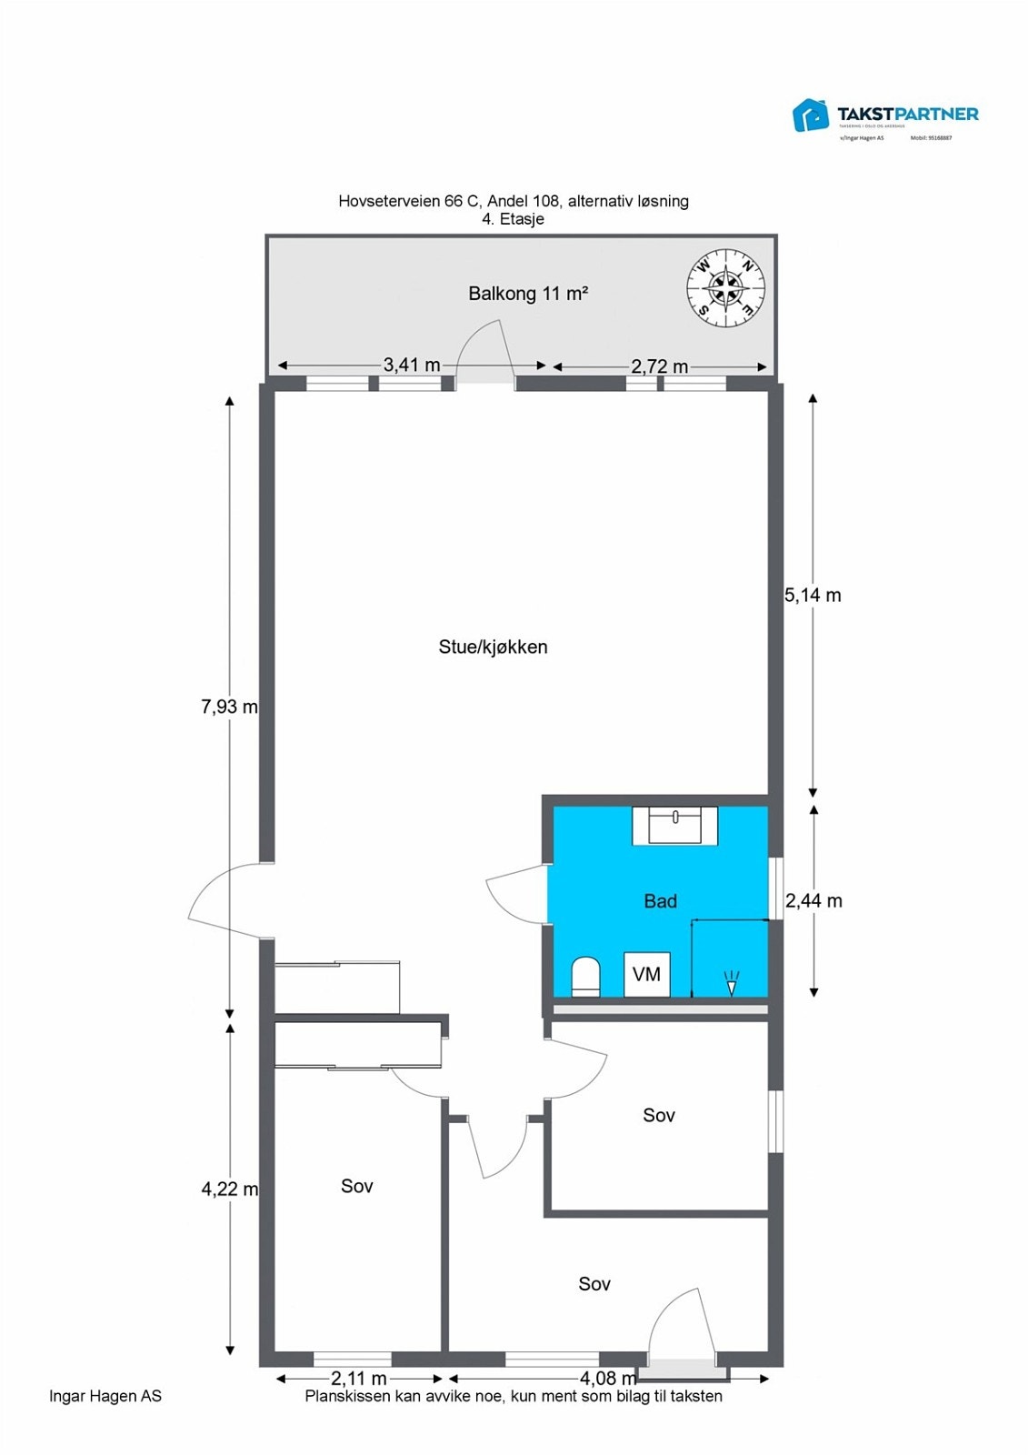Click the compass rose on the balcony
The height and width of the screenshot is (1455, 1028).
pos(725,288)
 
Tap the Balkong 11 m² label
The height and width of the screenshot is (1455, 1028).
pos(528,294)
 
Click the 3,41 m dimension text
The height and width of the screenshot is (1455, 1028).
pos(411,365)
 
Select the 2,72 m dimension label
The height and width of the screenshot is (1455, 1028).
pos(659,366)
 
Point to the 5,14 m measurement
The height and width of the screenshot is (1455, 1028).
pos(813,596)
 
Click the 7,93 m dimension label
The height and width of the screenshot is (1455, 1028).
pos(229,707)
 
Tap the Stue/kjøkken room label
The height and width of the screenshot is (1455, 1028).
pos(493,647)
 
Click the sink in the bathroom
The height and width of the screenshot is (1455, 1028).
pos(674,826)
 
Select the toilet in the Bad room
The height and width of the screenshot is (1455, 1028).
pos(586,977)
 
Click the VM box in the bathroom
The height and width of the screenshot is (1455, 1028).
pos(646,975)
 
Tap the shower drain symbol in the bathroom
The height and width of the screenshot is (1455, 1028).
pos(731,982)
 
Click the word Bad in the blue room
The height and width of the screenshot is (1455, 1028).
pos(660,901)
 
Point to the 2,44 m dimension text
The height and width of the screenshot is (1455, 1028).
pos(813,901)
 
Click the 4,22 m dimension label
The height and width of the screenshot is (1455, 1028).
pos(229,1189)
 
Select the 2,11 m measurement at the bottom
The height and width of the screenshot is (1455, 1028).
pos(358,1379)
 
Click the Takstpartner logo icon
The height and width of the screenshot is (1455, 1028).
pos(811,115)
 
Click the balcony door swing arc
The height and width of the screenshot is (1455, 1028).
pos(482,346)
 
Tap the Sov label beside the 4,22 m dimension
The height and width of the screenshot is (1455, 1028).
pos(356,1186)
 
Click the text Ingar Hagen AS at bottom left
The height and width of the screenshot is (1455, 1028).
pos(105,1396)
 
